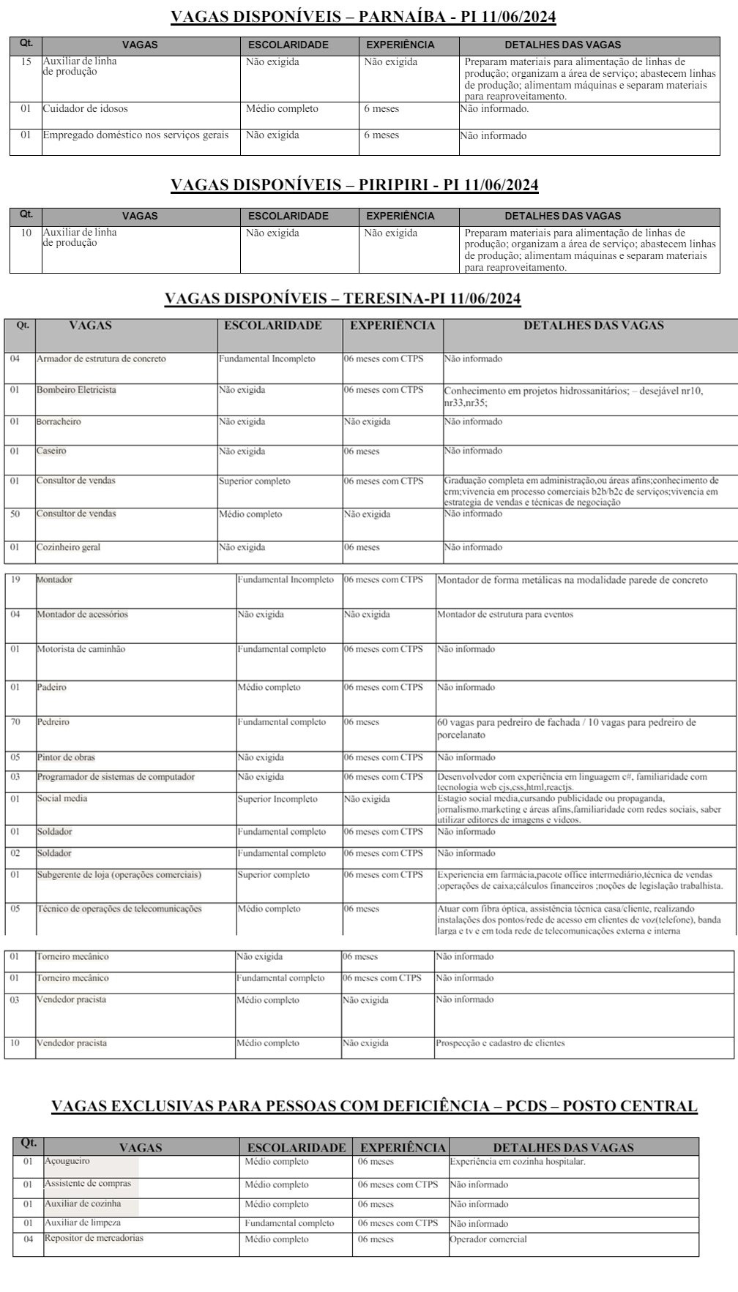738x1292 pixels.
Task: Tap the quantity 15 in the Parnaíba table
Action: coord(26,62)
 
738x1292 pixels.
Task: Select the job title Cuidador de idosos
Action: coord(85,109)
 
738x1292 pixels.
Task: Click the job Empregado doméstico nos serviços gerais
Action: coord(135,135)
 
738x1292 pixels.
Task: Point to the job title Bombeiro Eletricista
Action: coord(76,390)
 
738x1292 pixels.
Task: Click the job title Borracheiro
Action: coord(59,422)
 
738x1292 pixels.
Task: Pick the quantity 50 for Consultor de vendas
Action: coord(15,514)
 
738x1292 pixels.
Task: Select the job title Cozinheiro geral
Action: coord(68,548)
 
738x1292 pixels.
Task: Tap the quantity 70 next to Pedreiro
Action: coord(15,722)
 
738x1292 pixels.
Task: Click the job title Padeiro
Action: coord(51,688)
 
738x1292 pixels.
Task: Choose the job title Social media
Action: coord(62,798)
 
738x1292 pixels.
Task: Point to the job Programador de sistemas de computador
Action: coord(116,777)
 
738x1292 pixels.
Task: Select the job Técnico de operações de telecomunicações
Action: coord(119,909)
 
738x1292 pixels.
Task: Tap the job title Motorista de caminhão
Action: coord(81,650)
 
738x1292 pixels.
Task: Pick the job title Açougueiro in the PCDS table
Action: coord(67,1162)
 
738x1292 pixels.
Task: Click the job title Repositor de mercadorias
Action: coord(94,1239)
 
